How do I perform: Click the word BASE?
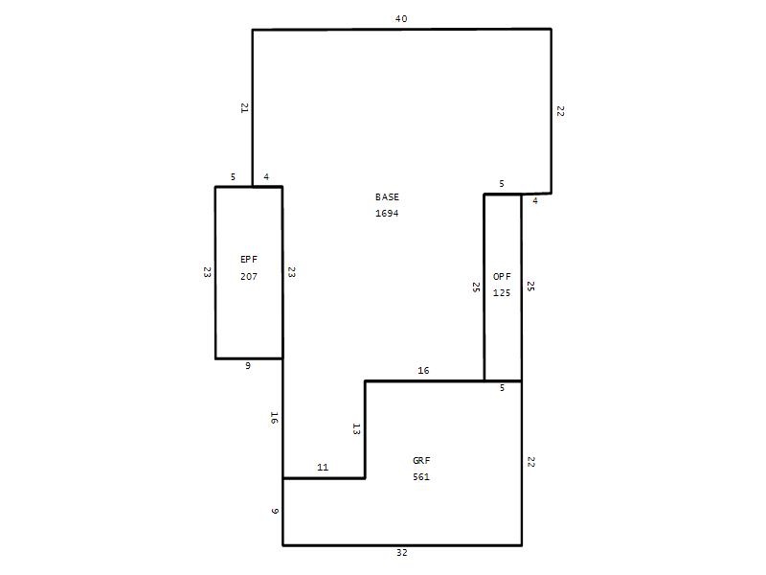click(x=387, y=197)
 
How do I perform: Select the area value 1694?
click(x=387, y=213)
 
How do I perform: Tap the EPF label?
click(x=249, y=260)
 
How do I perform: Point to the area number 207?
click(x=249, y=276)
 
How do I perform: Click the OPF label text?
click(x=502, y=277)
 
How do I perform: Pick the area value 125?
click(x=502, y=293)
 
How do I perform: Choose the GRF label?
click(x=421, y=461)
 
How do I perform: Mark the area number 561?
click(x=421, y=476)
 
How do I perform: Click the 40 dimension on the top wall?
click(x=401, y=18)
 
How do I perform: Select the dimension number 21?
click(x=245, y=108)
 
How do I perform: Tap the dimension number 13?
click(x=356, y=429)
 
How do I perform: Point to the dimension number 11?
click(x=323, y=467)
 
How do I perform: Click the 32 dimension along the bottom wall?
click(x=401, y=553)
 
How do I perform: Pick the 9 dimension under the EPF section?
click(x=248, y=366)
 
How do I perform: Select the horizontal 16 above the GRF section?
click(x=423, y=371)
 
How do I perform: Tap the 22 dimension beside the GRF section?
click(x=531, y=462)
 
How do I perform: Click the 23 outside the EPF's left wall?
click(x=207, y=272)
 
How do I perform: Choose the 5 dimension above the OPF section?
click(x=502, y=184)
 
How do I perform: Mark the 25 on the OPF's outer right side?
click(x=530, y=287)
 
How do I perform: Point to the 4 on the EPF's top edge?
click(x=266, y=177)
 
